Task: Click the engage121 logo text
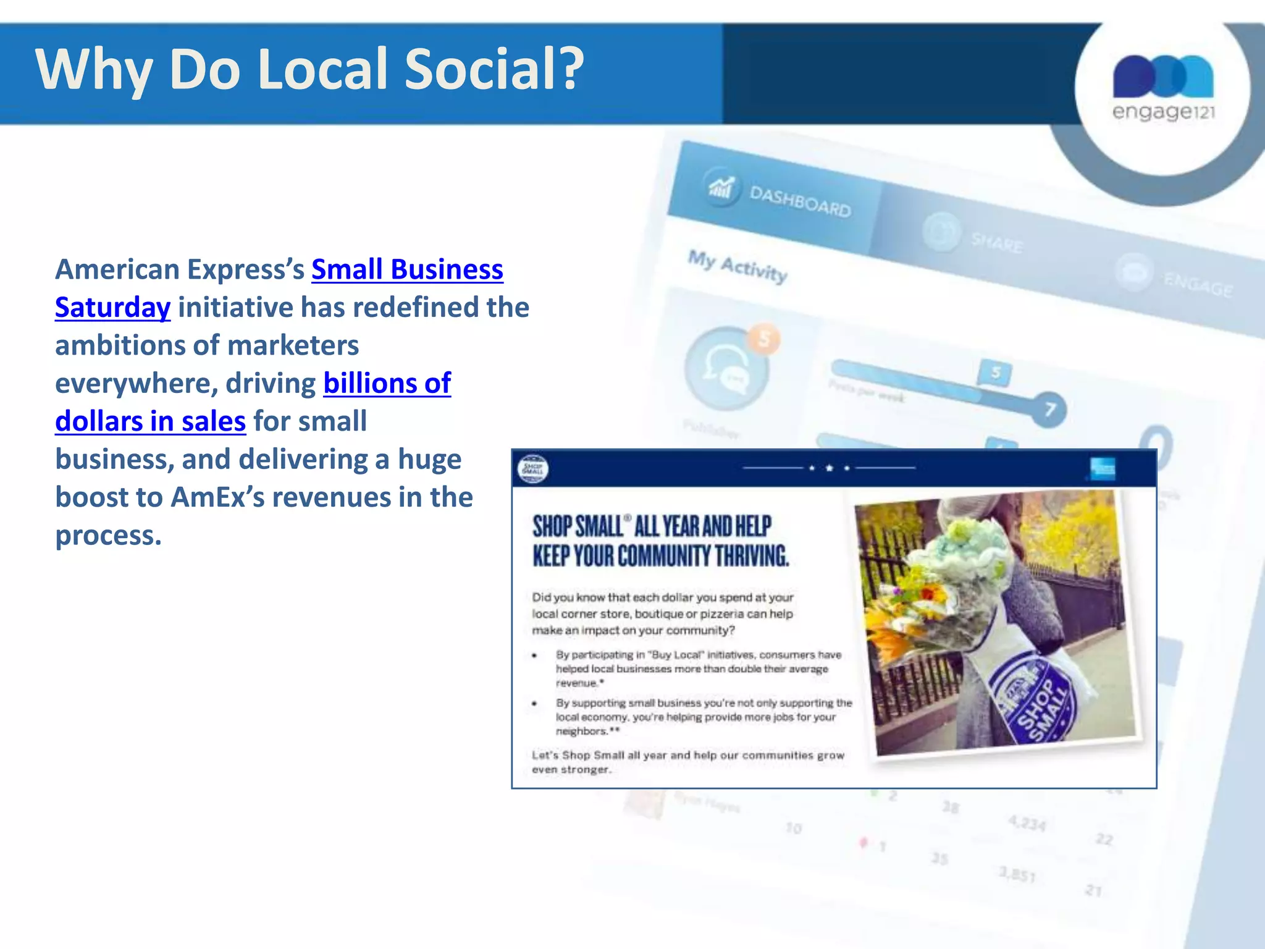tap(1163, 112)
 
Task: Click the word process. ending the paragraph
tap(108, 535)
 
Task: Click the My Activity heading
tap(738, 266)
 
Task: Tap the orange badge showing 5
tap(764, 339)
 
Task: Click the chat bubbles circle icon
tap(726, 369)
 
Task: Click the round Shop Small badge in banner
tap(532, 470)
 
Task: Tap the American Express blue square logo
tap(1103, 469)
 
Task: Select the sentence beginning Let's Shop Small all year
tap(687, 762)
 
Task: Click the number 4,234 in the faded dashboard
tap(1027, 824)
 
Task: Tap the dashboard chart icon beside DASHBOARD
tap(721, 186)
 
